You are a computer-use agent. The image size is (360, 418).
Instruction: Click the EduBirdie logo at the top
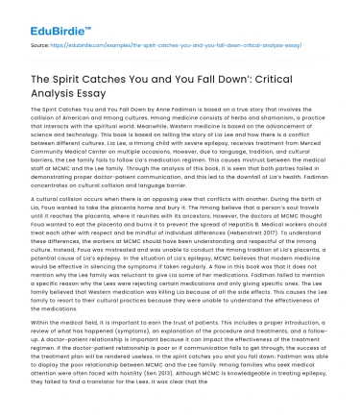pyautogui.click(x=32, y=15)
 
